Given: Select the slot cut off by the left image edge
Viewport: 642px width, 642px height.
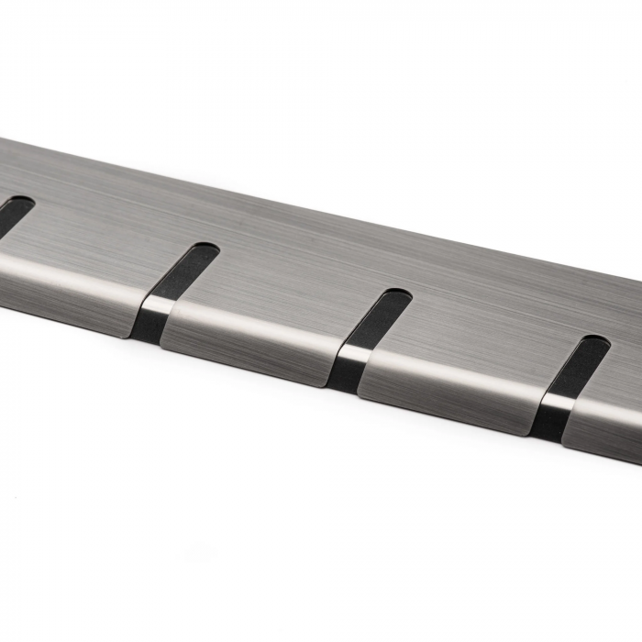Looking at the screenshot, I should coord(13,214).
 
